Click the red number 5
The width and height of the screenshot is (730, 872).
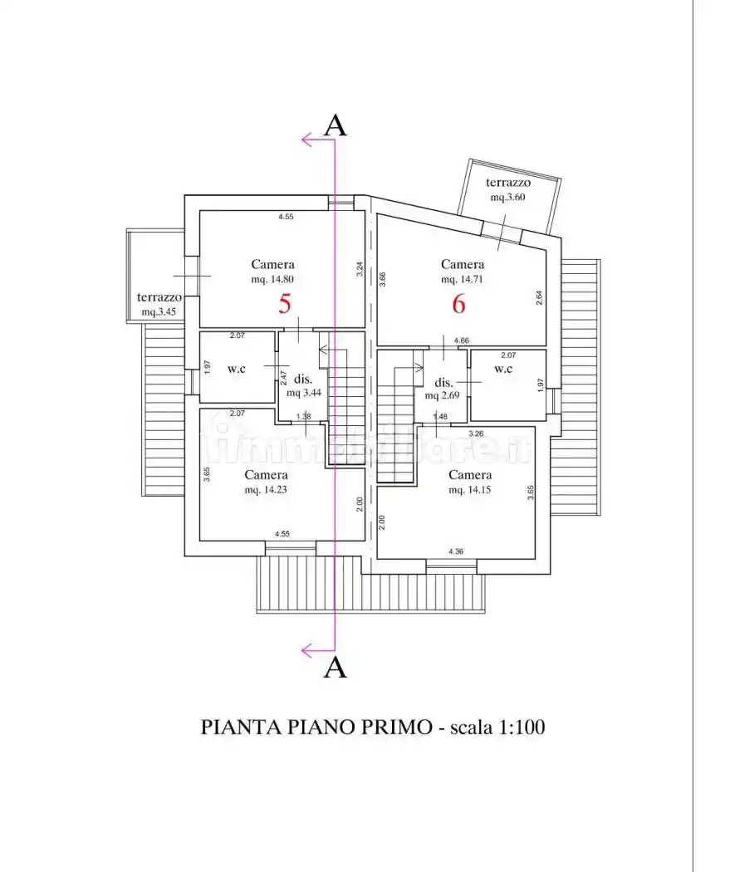(x=285, y=304)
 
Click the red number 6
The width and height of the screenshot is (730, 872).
(x=458, y=304)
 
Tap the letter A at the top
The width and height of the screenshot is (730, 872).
(x=335, y=125)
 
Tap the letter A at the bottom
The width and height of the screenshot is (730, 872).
(x=335, y=667)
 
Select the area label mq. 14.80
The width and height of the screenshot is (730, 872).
(x=274, y=280)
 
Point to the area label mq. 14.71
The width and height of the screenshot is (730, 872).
(x=463, y=280)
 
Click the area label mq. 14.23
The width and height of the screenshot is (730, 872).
(x=267, y=490)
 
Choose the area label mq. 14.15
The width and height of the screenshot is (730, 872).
(x=470, y=490)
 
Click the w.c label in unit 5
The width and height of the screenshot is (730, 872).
(x=237, y=368)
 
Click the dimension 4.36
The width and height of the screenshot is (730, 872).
(x=456, y=551)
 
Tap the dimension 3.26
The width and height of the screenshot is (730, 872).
(x=476, y=434)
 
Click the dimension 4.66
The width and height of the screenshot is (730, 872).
(x=461, y=340)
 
